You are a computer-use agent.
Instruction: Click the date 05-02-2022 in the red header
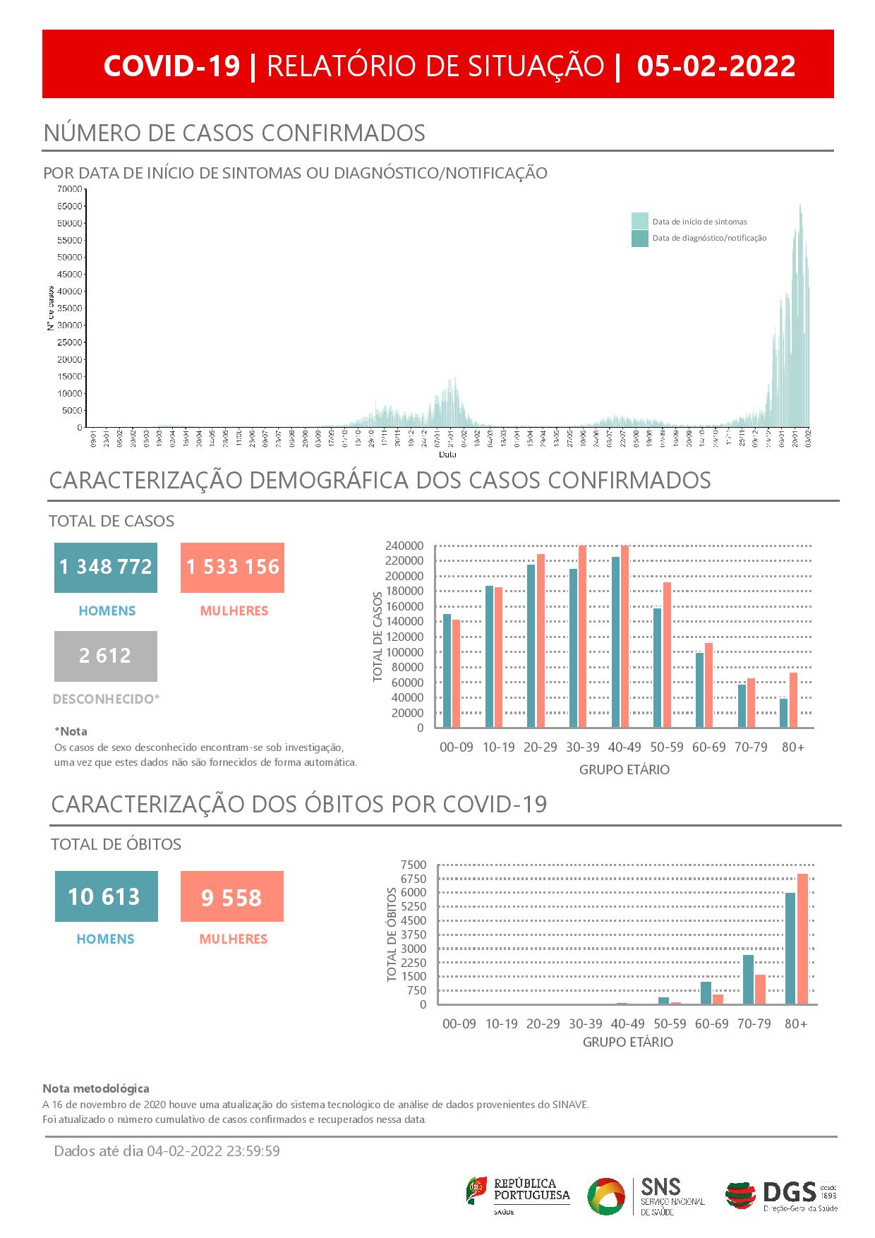[x=716, y=66]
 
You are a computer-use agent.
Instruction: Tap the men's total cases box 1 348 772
[x=106, y=567]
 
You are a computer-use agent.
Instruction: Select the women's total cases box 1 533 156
[x=232, y=567]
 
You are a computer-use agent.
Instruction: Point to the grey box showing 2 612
[x=106, y=656]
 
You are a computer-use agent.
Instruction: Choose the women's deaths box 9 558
[x=231, y=896]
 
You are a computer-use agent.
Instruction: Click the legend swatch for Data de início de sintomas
[x=639, y=221]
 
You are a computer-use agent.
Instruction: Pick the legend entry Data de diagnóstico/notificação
[x=708, y=239]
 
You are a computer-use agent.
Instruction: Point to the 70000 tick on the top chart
[x=69, y=189]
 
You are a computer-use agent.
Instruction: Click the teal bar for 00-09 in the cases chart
[x=447, y=671]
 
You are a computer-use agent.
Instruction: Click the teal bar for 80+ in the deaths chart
[x=790, y=948]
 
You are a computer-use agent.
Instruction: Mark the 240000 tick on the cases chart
[x=404, y=546]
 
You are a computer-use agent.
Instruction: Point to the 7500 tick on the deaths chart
[x=413, y=865]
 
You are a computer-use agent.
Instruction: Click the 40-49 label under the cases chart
[x=624, y=747]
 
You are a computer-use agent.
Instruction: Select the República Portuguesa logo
[x=518, y=1195]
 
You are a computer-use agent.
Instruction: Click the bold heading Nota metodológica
[x=96, y=1088]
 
